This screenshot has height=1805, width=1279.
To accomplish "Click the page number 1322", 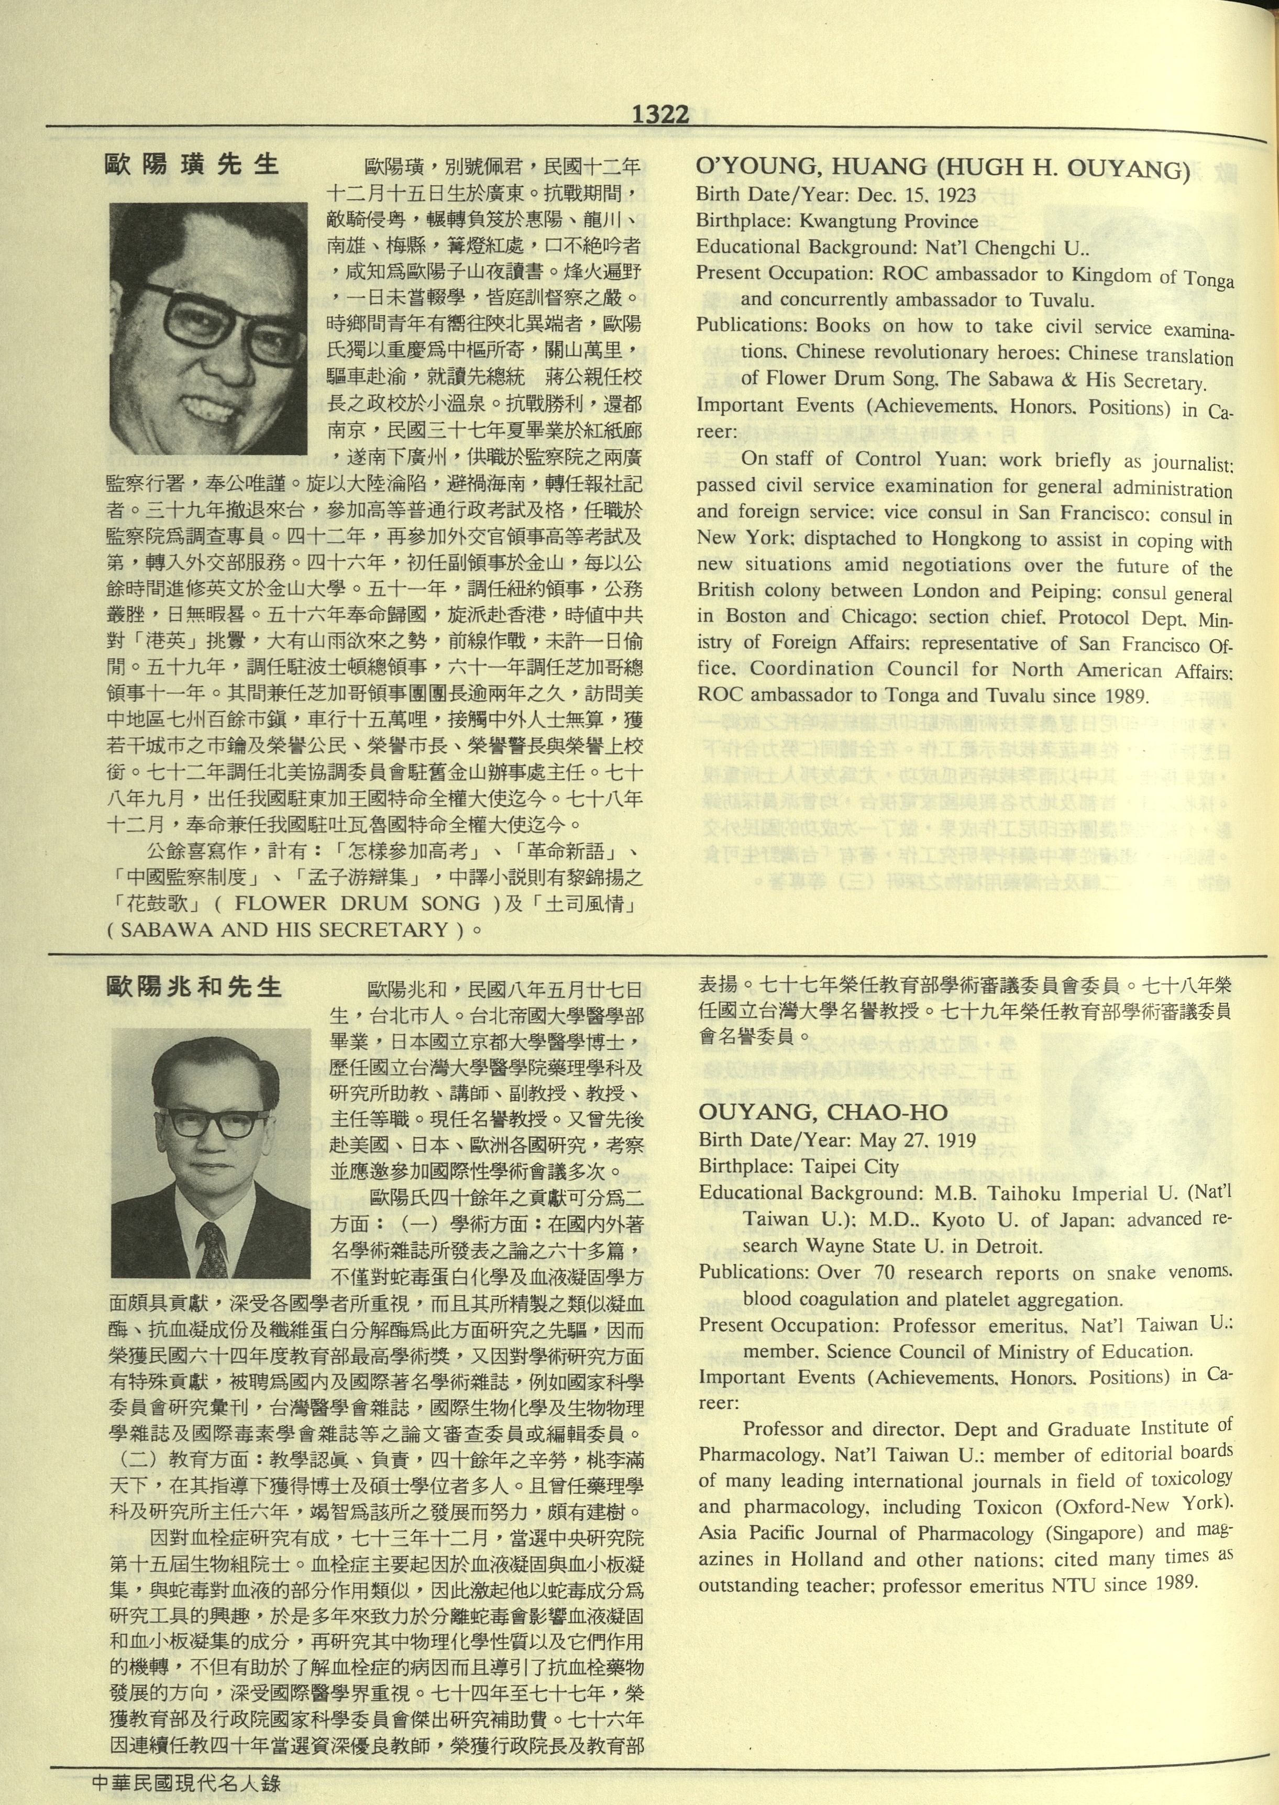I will pyautogui.click(x=660, y=115).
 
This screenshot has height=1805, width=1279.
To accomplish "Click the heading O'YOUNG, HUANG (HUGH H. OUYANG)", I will pyautogui.click(x=942, y=169).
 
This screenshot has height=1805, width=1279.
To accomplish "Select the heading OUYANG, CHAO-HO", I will pyautogui.click(x=823, y=1112).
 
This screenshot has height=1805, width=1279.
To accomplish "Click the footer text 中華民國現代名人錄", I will pyautogui.click(x=186, y=1782).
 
